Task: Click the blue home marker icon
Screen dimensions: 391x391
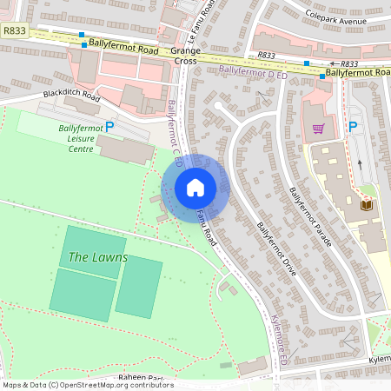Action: (195, 188)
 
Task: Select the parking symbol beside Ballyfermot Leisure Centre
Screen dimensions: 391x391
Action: (109, 128)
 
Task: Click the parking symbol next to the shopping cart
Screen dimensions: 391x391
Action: (353, 128)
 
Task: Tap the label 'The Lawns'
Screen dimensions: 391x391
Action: (97, 258)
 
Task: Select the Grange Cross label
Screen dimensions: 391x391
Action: (186, 56)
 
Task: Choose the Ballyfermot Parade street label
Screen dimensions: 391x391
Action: (310, 215)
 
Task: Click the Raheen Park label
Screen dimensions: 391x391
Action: (142, 378)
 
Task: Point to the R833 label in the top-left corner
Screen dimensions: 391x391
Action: (15, 30)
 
